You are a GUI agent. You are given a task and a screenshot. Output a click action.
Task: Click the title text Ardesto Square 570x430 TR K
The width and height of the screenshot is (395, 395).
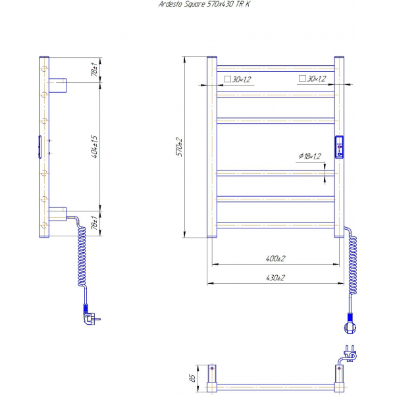point(204,4)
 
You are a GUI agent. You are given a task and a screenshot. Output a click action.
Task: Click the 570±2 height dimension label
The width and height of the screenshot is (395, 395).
point(179,147)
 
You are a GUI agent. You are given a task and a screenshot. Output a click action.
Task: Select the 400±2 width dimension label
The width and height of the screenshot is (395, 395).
point(275,259)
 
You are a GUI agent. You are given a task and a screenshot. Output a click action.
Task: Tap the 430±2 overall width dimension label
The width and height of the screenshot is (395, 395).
point(275,278)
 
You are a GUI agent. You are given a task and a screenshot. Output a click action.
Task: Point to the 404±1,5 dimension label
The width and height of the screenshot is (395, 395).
point(94,147)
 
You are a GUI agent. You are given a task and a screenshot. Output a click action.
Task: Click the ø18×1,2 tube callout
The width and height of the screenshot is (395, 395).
point(310,156)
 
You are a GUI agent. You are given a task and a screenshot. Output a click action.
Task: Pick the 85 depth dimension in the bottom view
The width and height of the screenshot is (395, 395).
point(192,378)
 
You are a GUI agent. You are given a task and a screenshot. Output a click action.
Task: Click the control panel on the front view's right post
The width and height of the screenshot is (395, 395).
point(339,147)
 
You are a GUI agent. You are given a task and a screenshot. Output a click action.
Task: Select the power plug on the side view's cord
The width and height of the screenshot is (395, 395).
point(91,317)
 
